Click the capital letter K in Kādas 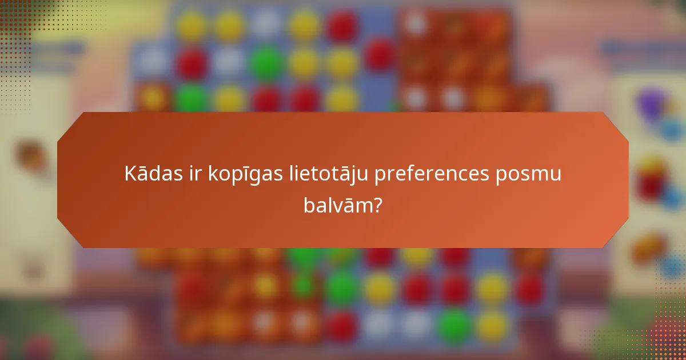tap(130, 174)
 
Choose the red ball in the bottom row tap(342, 326)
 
